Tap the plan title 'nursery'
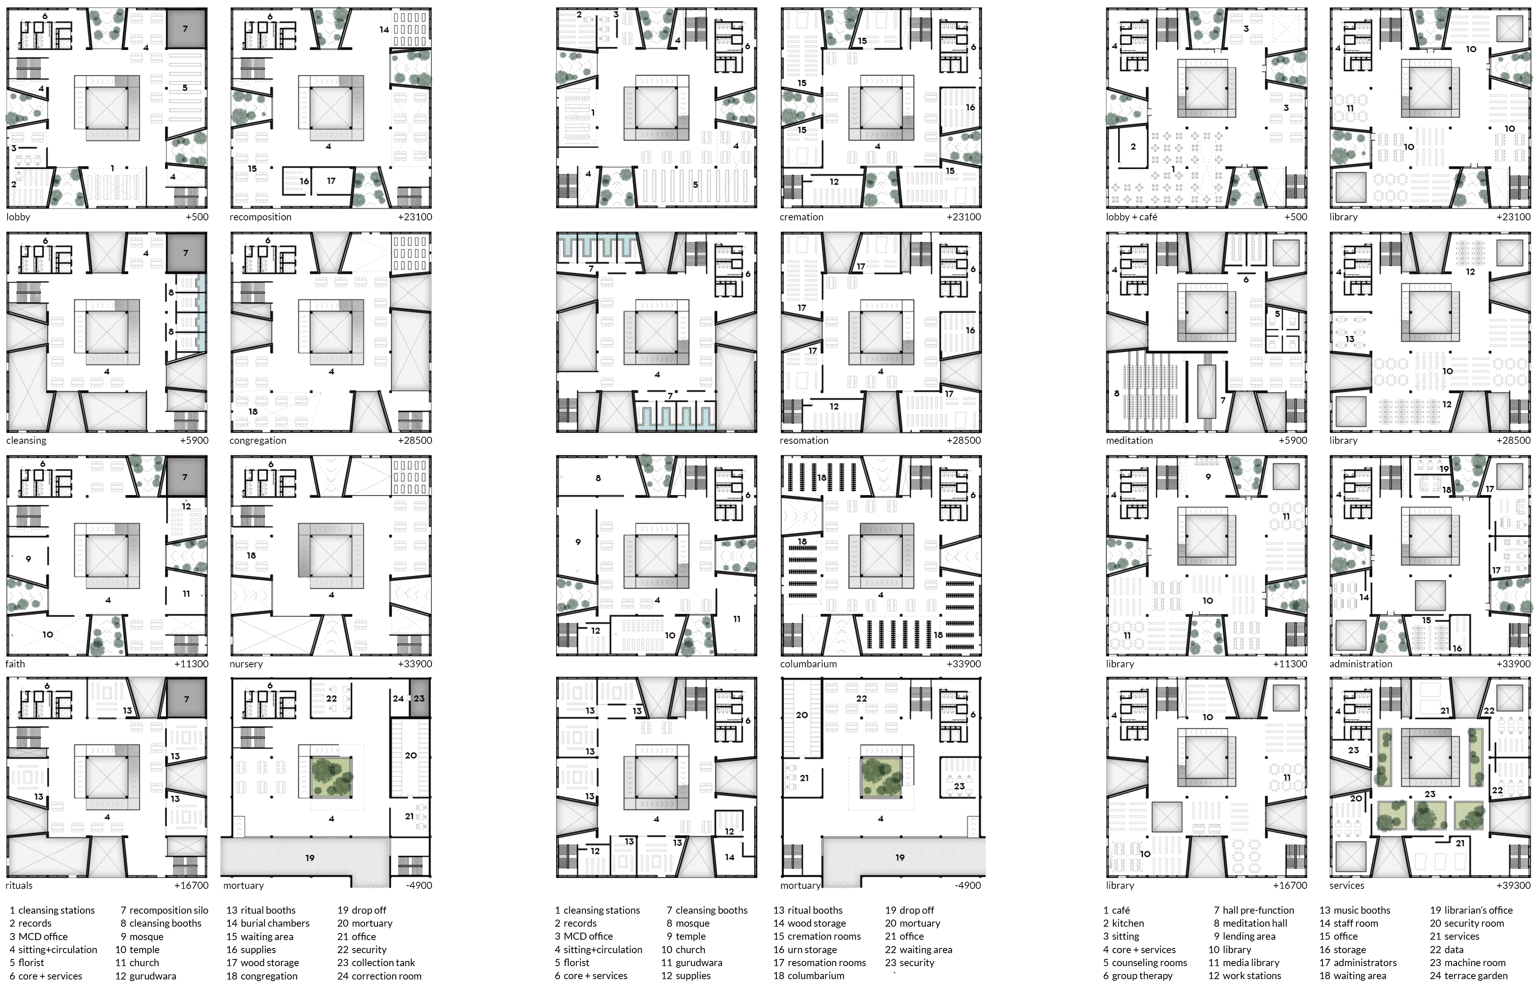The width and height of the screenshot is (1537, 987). coord(246,665)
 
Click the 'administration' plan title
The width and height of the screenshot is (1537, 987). coord(1361,665)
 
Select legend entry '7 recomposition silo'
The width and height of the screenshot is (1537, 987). coord(164,910)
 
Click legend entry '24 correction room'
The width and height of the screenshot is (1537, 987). coord(379,976)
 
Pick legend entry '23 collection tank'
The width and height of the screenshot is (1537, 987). coord(376,963)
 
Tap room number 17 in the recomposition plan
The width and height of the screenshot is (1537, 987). coord(331,181)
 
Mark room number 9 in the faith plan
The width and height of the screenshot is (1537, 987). coord(28,559)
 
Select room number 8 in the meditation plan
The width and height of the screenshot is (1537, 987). coord(1117,393)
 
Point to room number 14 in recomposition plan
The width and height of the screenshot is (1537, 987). coord(384,30)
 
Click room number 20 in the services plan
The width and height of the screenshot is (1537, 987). coord(1356,799)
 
